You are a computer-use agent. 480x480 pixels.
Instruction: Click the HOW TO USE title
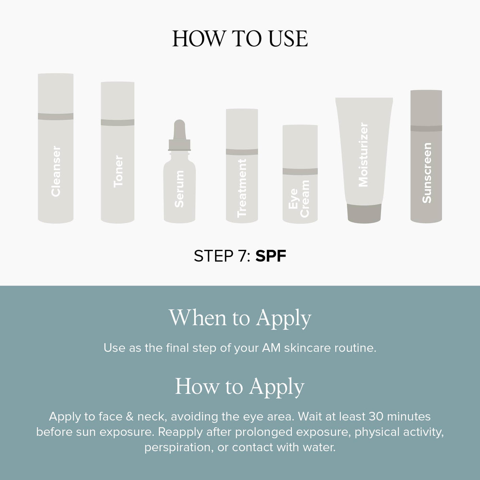[240, 39]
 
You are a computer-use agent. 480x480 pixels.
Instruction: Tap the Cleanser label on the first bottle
[56, 171]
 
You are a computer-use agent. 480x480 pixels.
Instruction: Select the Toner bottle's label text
[118, 171]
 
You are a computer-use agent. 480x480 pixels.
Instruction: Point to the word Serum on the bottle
[179, 189]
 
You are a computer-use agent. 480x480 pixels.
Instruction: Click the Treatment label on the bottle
[242, 188]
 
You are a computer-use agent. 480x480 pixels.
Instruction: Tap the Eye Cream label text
[299, 198]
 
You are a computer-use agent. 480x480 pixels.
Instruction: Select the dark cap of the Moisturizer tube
[364, 214]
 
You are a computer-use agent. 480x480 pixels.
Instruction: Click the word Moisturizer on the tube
[363, 155]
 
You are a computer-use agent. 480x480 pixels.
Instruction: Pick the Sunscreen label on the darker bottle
[426, 173]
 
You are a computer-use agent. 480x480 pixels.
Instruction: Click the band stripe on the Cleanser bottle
[56, 116]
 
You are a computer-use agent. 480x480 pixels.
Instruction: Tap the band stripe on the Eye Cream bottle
[300, 171]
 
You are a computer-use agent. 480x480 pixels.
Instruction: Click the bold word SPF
[270, 256]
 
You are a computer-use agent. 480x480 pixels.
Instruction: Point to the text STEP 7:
[222, 256]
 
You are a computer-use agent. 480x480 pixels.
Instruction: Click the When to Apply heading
[240, 318]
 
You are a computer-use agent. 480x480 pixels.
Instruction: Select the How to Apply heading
[240, 386]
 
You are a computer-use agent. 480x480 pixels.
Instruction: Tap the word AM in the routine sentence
[271, 348]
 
